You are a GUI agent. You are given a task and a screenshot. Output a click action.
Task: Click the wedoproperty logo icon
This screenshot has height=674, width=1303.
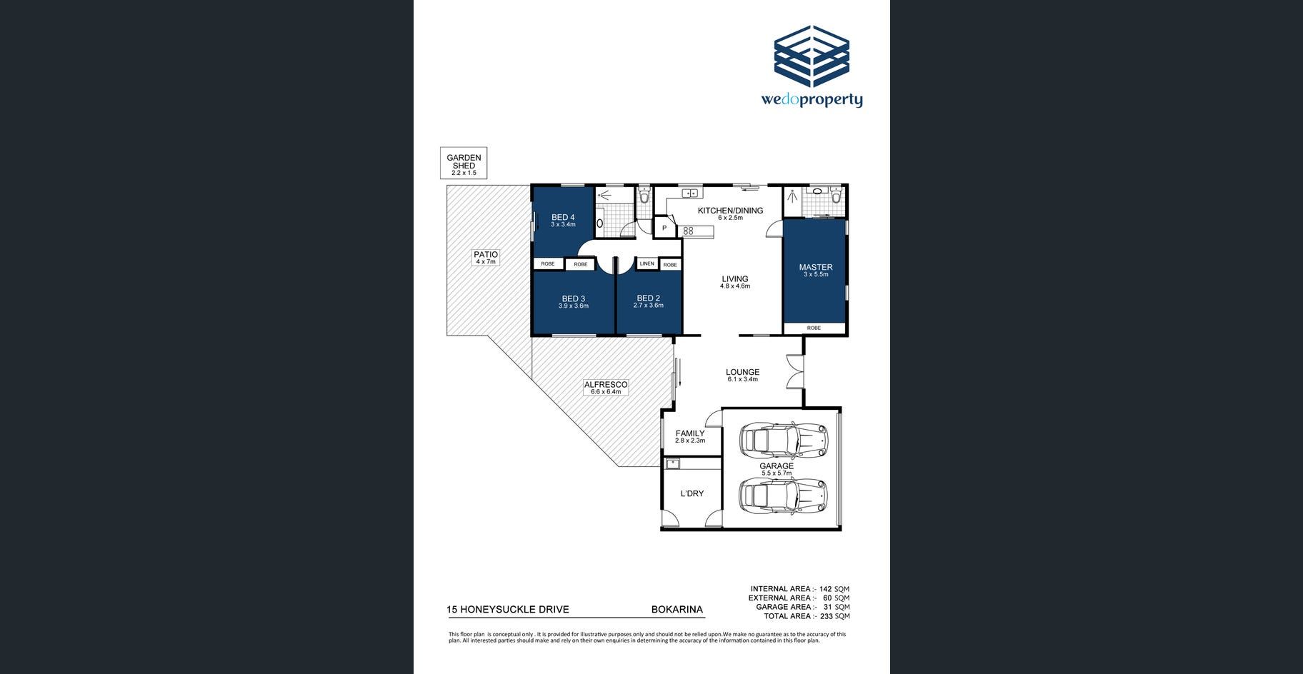[812, 56]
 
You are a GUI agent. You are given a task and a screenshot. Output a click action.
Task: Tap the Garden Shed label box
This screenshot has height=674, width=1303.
[464, 164]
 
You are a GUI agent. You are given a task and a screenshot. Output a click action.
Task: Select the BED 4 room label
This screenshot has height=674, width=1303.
[563, 218]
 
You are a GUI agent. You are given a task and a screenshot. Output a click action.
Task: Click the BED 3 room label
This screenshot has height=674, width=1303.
[574, 299]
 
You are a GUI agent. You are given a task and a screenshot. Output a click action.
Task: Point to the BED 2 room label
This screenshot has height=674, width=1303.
[649, 298]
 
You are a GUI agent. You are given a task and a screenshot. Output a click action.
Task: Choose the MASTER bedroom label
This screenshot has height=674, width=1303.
[816, 268]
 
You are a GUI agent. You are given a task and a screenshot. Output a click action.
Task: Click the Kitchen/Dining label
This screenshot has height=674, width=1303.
[730, 211]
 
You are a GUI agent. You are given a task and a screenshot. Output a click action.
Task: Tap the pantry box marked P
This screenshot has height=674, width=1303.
[664, 228]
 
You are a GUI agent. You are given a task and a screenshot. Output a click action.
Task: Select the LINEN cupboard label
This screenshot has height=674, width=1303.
[647, 264]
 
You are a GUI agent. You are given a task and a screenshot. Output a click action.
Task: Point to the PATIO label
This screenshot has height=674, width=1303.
[486, 255]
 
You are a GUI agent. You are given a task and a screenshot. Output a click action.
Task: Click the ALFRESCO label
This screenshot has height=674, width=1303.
[606, 385]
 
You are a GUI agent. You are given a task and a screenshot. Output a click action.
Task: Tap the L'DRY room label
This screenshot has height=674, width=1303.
[692, 493]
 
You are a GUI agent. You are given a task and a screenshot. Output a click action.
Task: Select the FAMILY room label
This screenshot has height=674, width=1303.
[690, 433]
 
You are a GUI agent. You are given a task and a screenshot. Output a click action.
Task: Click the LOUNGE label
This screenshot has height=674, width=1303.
[743, 372]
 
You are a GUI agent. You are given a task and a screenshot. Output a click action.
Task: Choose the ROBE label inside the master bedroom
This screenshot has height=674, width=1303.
[814, 328]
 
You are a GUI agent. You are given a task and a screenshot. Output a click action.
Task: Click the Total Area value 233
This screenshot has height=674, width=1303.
[827, 616]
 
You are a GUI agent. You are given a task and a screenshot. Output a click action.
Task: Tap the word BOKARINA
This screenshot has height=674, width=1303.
[677, 610]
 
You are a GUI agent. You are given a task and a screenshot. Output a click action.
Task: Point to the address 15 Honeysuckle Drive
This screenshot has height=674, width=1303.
[508, 610]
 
